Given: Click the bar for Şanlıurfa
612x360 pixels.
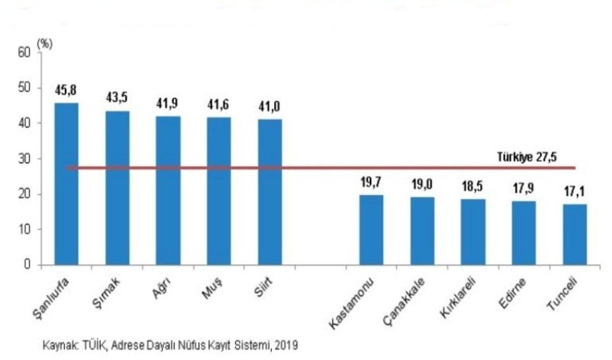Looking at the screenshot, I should click(x=66, y=184).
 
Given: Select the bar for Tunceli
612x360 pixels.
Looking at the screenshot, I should click(x=575, y=234).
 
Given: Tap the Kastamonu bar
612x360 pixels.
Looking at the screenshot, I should click(x=371, y=229).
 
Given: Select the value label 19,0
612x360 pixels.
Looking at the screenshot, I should click(x=422, y=185).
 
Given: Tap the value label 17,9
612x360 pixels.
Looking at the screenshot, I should click(x=524, y=189).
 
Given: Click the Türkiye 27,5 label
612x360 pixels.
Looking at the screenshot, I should click(x=527, y=157).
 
